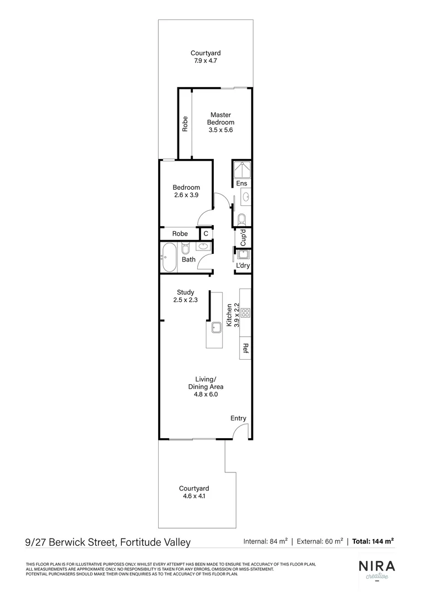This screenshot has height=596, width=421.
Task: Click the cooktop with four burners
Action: click(245, 313)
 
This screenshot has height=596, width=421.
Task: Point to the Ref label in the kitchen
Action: click(246, 348)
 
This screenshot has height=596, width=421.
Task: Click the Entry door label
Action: click(238, 418)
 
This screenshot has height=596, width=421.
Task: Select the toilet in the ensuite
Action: click(241, 220)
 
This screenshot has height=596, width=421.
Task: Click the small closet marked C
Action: click(206, 234)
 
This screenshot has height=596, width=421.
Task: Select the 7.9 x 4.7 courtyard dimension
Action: click(206, 61)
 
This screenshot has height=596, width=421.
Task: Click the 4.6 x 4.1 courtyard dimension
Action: click(193, 496)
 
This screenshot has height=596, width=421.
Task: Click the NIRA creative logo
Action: click(376, 569)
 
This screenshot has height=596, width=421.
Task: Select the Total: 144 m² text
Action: click(373, 541)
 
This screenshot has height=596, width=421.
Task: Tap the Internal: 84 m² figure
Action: click(265, 541)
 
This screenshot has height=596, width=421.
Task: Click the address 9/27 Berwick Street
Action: click(108, 542)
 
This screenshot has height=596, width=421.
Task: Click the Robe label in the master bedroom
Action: click(185, 124)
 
